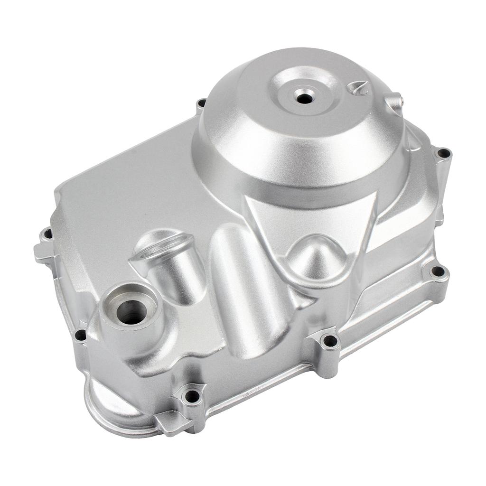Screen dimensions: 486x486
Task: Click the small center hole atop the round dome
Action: click(x=304, y=98)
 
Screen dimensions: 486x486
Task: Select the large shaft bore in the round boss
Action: click(x=131, y=312)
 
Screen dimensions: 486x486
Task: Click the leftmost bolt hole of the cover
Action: click(x=47, y=234)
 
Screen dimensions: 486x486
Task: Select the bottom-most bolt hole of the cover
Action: click(x=192, y=395)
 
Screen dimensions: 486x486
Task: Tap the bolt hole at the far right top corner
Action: click(x=443, y=153)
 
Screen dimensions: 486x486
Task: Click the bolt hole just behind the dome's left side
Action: click(x=202, y=103)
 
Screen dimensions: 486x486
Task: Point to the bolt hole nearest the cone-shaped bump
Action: click(x=329, y=340)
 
